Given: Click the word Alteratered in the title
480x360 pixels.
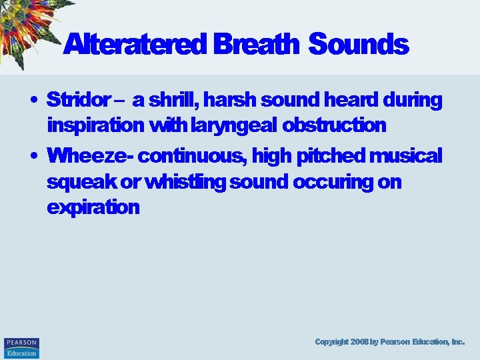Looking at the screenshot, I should pyautogui.click(x=136, y=45).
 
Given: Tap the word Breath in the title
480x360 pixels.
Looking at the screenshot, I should pyautogui.click(x=257, y=45).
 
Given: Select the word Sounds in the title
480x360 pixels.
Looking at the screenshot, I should pyautogui.click(x=359, y=45).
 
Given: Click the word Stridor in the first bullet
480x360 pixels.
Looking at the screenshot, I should pyautogui.click(x=78, y=100).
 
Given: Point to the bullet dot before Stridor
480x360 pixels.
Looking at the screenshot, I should pyautogui.click(x=33, y=101).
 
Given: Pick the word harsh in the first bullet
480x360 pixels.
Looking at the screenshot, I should pyautogui.click(x=231, y=100).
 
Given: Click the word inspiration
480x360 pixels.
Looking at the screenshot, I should pyautogui.click(x=95, y=125).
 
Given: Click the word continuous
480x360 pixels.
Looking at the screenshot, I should pyautogui.click(x=191, y=156).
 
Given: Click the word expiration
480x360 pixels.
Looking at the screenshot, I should pyautogui.click(x=93, y=207).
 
